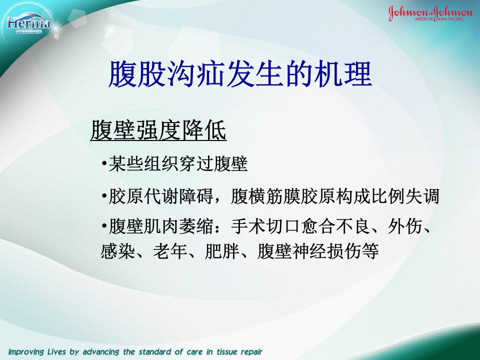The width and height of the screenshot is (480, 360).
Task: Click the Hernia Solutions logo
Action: pos(28,24)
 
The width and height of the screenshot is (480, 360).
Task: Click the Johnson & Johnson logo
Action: pos(430,13)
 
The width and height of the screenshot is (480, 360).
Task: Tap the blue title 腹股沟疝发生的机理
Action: pos(240,74)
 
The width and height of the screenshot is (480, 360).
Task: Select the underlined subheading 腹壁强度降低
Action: pos(158,130)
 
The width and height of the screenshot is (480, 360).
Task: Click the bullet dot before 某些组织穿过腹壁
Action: pos(104,163)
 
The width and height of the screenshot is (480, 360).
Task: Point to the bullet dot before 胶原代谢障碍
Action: pos(104,196)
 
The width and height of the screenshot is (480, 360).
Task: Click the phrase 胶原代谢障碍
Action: pos(161,196)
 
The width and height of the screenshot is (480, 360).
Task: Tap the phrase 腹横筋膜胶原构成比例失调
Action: pos(335,196)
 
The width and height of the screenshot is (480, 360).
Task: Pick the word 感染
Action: pos(118,251)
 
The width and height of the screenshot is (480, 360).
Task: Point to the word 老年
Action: pos(170,251)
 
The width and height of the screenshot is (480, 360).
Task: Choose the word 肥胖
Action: pos(222,251)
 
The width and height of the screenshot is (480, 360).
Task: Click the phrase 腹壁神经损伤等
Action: pos(318,251)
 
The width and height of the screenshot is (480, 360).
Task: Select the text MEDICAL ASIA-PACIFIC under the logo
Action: pos(439,19)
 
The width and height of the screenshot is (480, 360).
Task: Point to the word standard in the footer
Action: pos(156,351)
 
